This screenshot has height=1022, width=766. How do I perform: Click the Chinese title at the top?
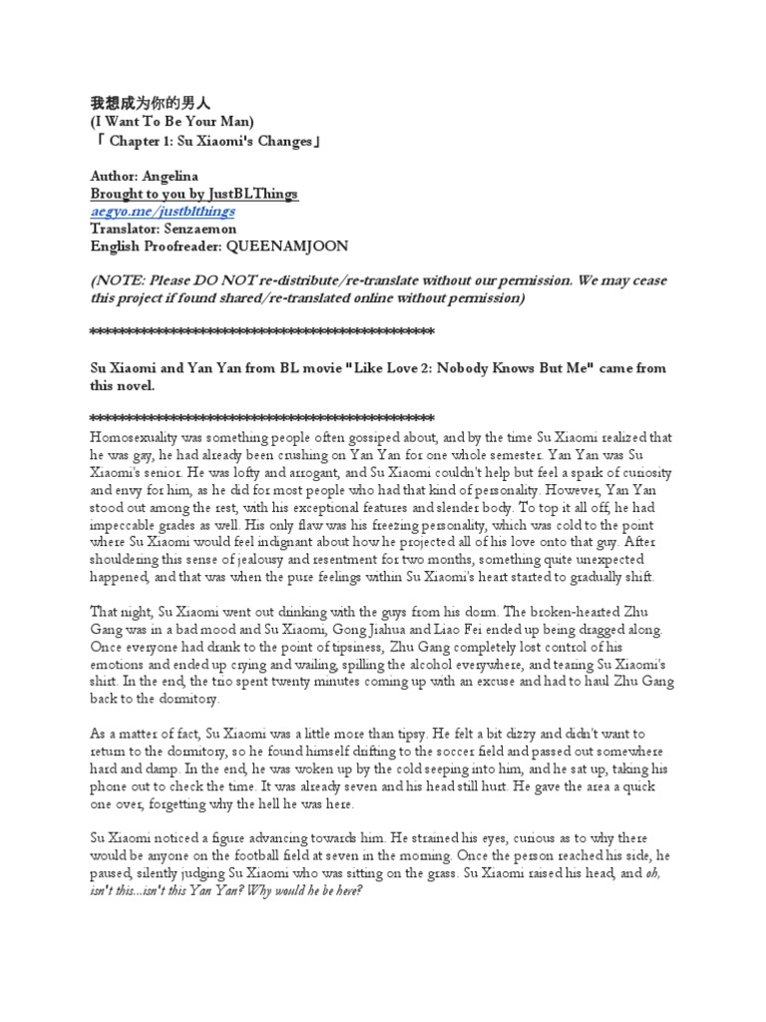coord(152,104)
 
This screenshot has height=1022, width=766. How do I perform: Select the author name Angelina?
coord(181,175)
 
